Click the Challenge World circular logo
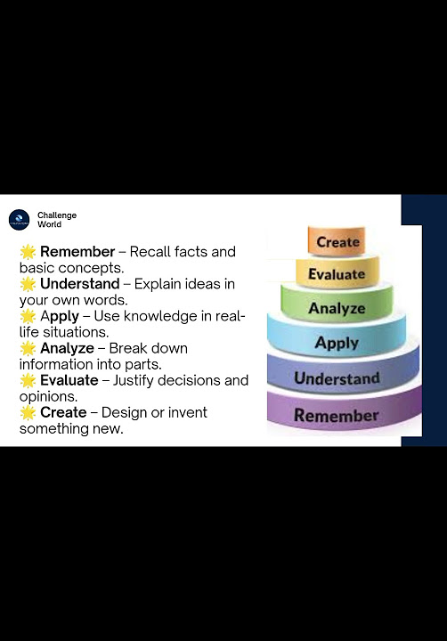[x=19, y=220]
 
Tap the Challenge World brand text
[x=56, y=220]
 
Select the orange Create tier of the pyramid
[x=337, y=242]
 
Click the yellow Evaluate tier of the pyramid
[x=337, y=274]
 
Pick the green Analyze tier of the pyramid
[x=337, y=308]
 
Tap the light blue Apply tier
[x=337, y=342]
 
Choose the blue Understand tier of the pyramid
[x=337, y=378]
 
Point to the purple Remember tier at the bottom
[x=337, y=415]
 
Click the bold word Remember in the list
[x=77, y=252]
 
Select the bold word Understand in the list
[x=79, y=284]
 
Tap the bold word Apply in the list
[x=60, y=316]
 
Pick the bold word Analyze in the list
[x=67, y=348]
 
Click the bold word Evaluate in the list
[x=69, y=380]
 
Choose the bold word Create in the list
[x=63, y=412]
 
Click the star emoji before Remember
[x=28, y=252]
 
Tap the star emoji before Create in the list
[x=28, y=412]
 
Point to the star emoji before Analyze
[x=28, y=348]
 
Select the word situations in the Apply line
[x=75, y=332]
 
